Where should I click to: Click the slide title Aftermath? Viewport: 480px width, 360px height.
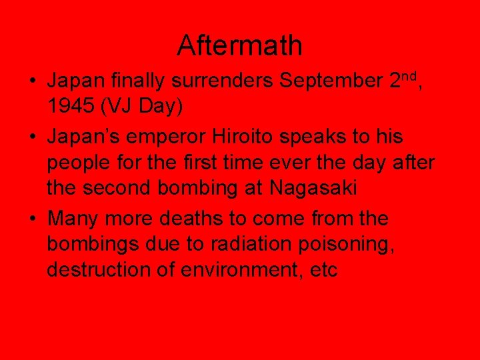(x=239, y=46)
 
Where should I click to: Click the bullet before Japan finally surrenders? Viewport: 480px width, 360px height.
(x=32, y=82)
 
